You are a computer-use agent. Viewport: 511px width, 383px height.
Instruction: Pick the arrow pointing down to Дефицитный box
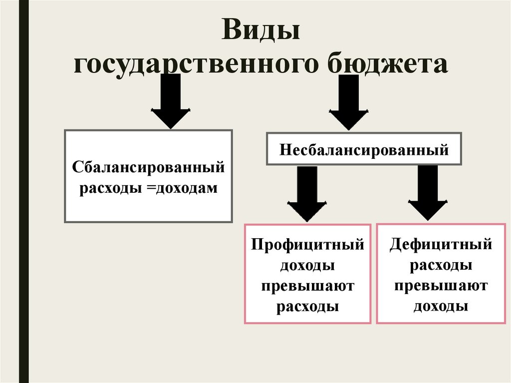[428, 193]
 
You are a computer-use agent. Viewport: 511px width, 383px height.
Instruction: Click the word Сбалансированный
[149, 168]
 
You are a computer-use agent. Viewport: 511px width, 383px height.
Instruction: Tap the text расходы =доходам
[148, 189]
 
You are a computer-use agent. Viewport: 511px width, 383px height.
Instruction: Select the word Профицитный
[307, 245]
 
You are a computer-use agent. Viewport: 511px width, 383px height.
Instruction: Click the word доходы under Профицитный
[307, 266]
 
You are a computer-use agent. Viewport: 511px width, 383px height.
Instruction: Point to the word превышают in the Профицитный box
[307, 286]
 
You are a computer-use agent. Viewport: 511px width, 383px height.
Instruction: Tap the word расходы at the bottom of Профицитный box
[307, 306]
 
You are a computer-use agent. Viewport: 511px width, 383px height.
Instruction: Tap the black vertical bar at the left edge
[23, 191]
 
